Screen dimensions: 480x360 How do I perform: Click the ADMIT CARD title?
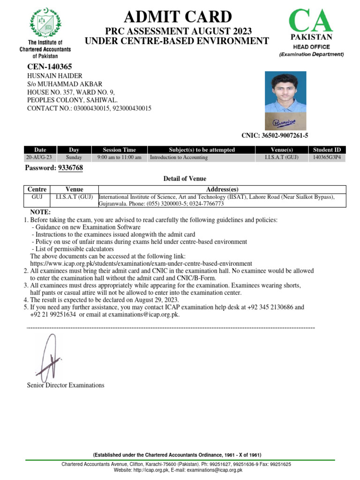(177, 17)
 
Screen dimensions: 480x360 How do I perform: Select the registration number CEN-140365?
(50, 67)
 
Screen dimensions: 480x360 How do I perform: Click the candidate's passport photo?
(285, 92)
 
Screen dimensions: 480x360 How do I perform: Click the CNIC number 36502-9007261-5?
(274, 136)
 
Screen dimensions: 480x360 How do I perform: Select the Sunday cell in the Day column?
(74, 157)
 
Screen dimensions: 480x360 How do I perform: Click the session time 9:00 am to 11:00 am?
(119, 157)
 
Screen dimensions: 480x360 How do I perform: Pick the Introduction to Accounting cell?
(179, 157)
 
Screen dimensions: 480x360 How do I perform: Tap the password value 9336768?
(70, 168)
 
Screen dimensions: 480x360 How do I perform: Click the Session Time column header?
(119, 150)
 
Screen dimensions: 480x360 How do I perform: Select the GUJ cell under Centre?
(37, 197)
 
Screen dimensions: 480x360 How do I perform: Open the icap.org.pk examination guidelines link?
(141, 263)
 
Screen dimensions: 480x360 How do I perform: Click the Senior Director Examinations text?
(66, 385)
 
